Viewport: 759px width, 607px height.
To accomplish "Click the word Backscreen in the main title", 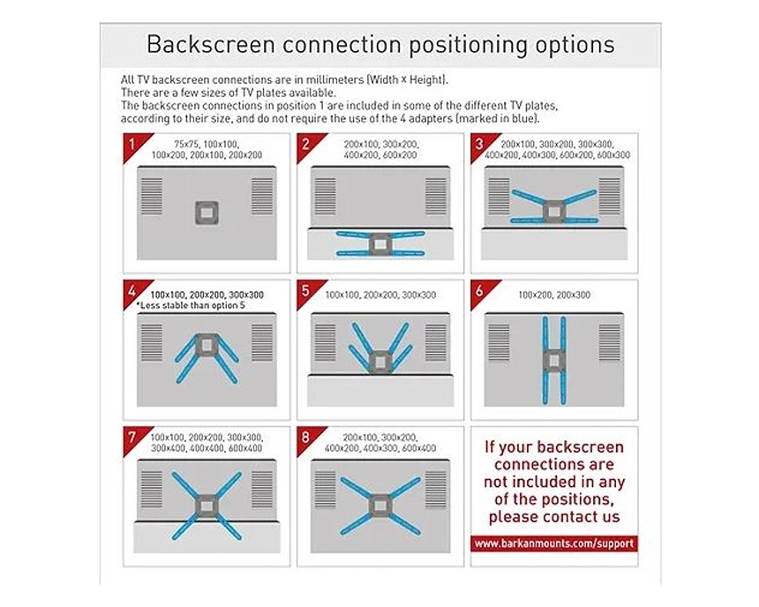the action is point(211,44).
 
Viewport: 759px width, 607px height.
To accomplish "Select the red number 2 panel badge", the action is point(307,145).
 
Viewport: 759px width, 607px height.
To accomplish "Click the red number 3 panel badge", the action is point(481,145).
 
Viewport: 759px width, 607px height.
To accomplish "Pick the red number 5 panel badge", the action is point(307,291).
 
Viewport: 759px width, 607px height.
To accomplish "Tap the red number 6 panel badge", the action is point(481,291).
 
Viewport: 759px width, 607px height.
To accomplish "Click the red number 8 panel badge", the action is point(307,438).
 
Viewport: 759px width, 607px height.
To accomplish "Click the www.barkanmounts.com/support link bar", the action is point(554,543).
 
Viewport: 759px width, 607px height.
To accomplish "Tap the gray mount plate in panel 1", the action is point(207,213).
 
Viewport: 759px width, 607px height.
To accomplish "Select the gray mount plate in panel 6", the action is point(554,360).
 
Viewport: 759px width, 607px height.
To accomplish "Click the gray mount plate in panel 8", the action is point(380,506).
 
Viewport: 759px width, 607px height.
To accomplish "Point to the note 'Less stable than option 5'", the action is point(191,305).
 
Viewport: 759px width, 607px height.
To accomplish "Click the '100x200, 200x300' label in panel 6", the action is point(554,295).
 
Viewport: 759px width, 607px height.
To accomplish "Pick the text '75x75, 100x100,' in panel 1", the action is point(207,144).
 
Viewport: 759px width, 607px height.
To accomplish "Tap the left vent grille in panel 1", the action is point(152,196).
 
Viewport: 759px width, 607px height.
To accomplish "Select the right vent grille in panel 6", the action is point(610,342).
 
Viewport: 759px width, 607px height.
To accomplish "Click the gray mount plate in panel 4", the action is point(207,345).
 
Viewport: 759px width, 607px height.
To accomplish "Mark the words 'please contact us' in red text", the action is point(554,516).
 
